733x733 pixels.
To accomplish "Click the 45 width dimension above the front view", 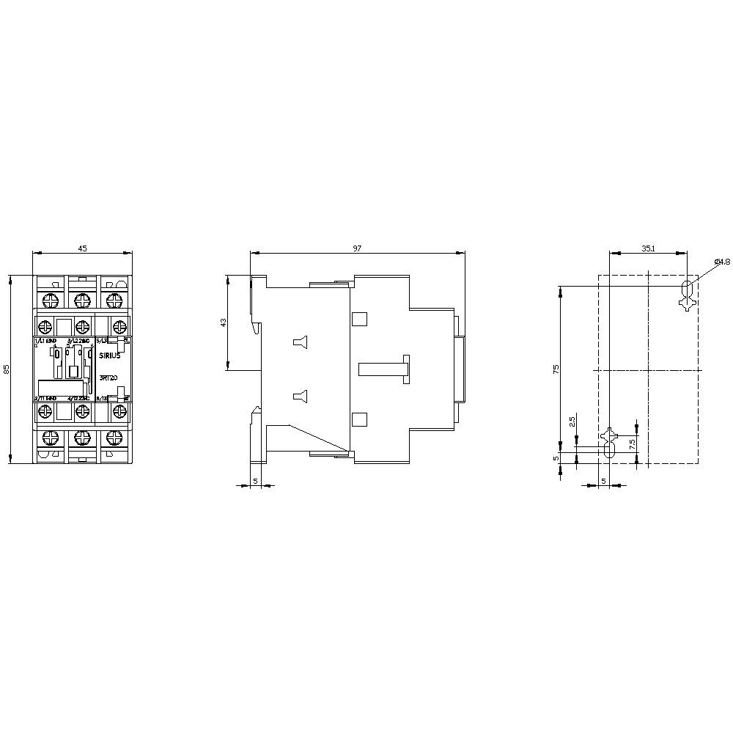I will click(x=83, y=248).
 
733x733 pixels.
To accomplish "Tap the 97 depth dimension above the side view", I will click(x=357, y=248).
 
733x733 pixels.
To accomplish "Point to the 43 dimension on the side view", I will click(x=224, y=323).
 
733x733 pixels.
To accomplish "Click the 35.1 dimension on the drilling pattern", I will click(x=648, y=249).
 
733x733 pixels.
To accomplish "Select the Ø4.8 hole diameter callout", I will click(x=722, y=262).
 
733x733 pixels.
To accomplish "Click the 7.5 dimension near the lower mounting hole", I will click(x=632, y=444).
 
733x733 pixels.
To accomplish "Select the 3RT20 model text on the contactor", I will click(x=109, y=378).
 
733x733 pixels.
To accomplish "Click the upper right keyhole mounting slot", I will click(x=687, y=292).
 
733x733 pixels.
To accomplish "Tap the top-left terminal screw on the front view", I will click(x=49, y=299).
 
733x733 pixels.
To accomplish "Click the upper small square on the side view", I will click(x=359, y=319).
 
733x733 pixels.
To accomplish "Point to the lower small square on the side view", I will click(x=359, y=419).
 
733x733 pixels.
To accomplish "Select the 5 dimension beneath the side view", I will click(x=255, y=481).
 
